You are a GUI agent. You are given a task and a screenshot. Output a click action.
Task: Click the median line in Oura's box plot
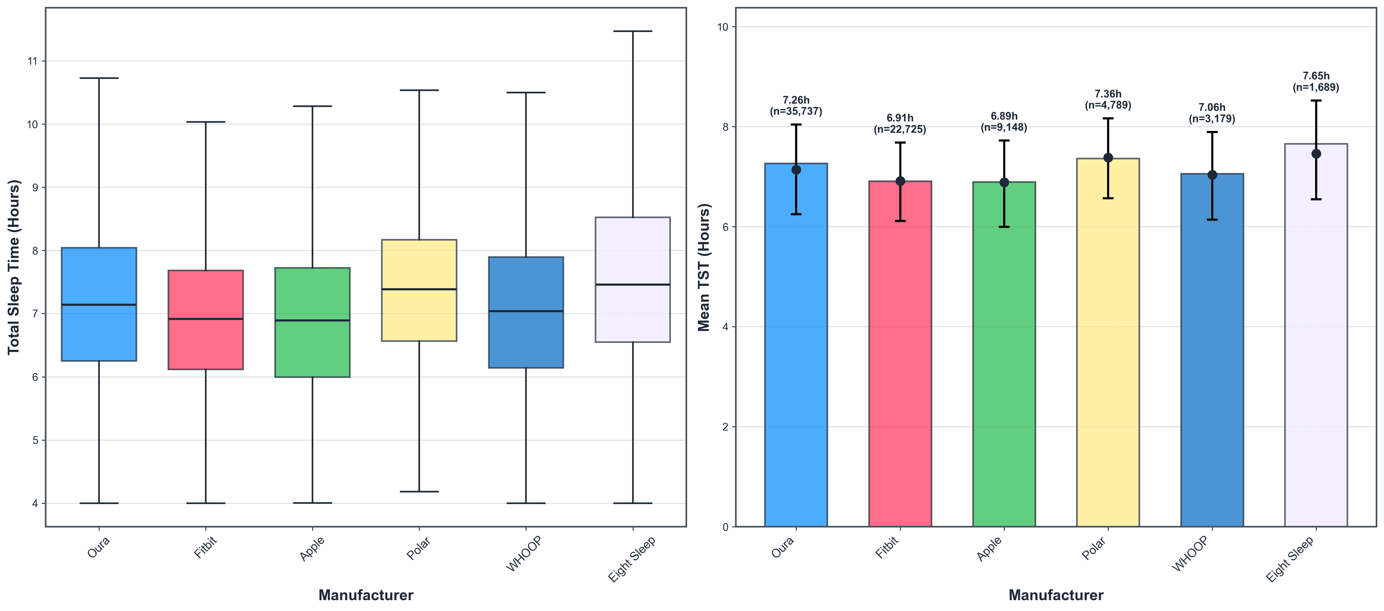(x=99, y=305)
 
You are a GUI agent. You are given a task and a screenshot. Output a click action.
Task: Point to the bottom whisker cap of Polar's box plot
(x=419, y=491)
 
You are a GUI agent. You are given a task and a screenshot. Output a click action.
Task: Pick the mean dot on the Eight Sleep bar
(x=1316, y=154)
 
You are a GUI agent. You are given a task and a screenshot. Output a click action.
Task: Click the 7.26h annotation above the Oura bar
(x=796, y=100)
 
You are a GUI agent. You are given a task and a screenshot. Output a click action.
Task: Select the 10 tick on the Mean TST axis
(x=723, y=27)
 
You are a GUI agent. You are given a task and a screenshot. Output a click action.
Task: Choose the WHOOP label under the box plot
(x=524, y=554)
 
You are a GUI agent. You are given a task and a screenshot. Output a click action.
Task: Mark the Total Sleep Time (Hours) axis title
(x=13, y=267)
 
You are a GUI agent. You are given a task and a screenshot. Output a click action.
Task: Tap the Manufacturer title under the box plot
(x=366, y=595)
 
